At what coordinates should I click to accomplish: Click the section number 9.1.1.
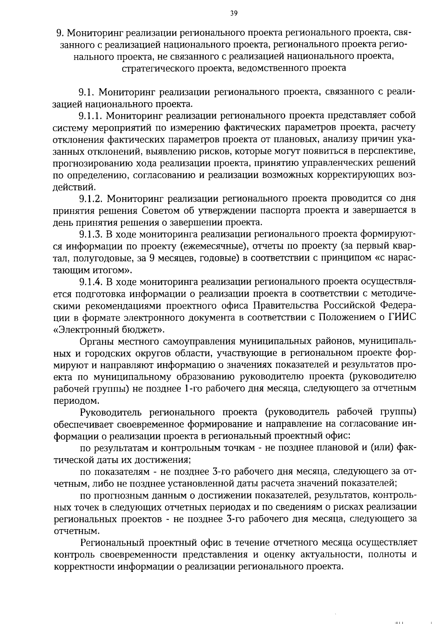tap(91, 116)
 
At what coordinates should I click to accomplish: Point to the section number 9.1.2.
tap(91, 199)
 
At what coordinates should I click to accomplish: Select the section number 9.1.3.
tap(91, 234)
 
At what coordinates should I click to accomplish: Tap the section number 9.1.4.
tap(91, 282)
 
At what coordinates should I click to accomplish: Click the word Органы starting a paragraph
tap(97, 341)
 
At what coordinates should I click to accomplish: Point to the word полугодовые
tap(105, 258)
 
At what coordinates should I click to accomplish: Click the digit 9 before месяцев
tap(151, 258)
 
